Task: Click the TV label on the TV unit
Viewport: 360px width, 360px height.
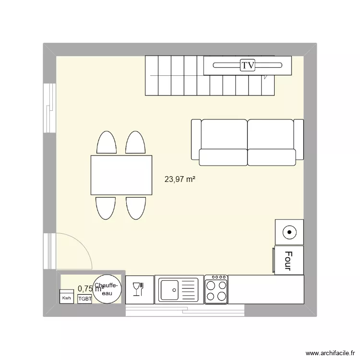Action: click(248, 65)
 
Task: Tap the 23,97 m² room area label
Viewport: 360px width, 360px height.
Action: click(180, 180)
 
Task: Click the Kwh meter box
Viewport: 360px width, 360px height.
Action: click(65, 297)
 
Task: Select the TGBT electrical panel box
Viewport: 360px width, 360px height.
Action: click(84, 298)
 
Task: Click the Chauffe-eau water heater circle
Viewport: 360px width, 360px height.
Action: click(107, 289)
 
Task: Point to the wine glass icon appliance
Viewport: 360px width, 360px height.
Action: click(139, 289)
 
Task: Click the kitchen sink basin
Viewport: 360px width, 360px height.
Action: click(169, 289)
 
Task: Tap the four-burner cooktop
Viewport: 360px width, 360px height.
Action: click(216, 289)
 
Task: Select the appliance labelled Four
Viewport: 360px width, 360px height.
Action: click(288, 260)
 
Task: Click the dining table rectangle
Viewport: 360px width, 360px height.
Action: click(121, 175)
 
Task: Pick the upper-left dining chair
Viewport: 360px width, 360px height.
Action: click(107, 143)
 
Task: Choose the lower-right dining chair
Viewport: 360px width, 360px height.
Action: click(136, 207)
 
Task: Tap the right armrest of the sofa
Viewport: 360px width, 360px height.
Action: click(299, 139)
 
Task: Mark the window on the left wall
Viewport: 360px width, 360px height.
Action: click(49, 108)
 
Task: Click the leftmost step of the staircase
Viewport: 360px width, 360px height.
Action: click(152, 75)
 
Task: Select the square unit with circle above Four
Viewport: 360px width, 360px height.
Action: click(289, 232)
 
